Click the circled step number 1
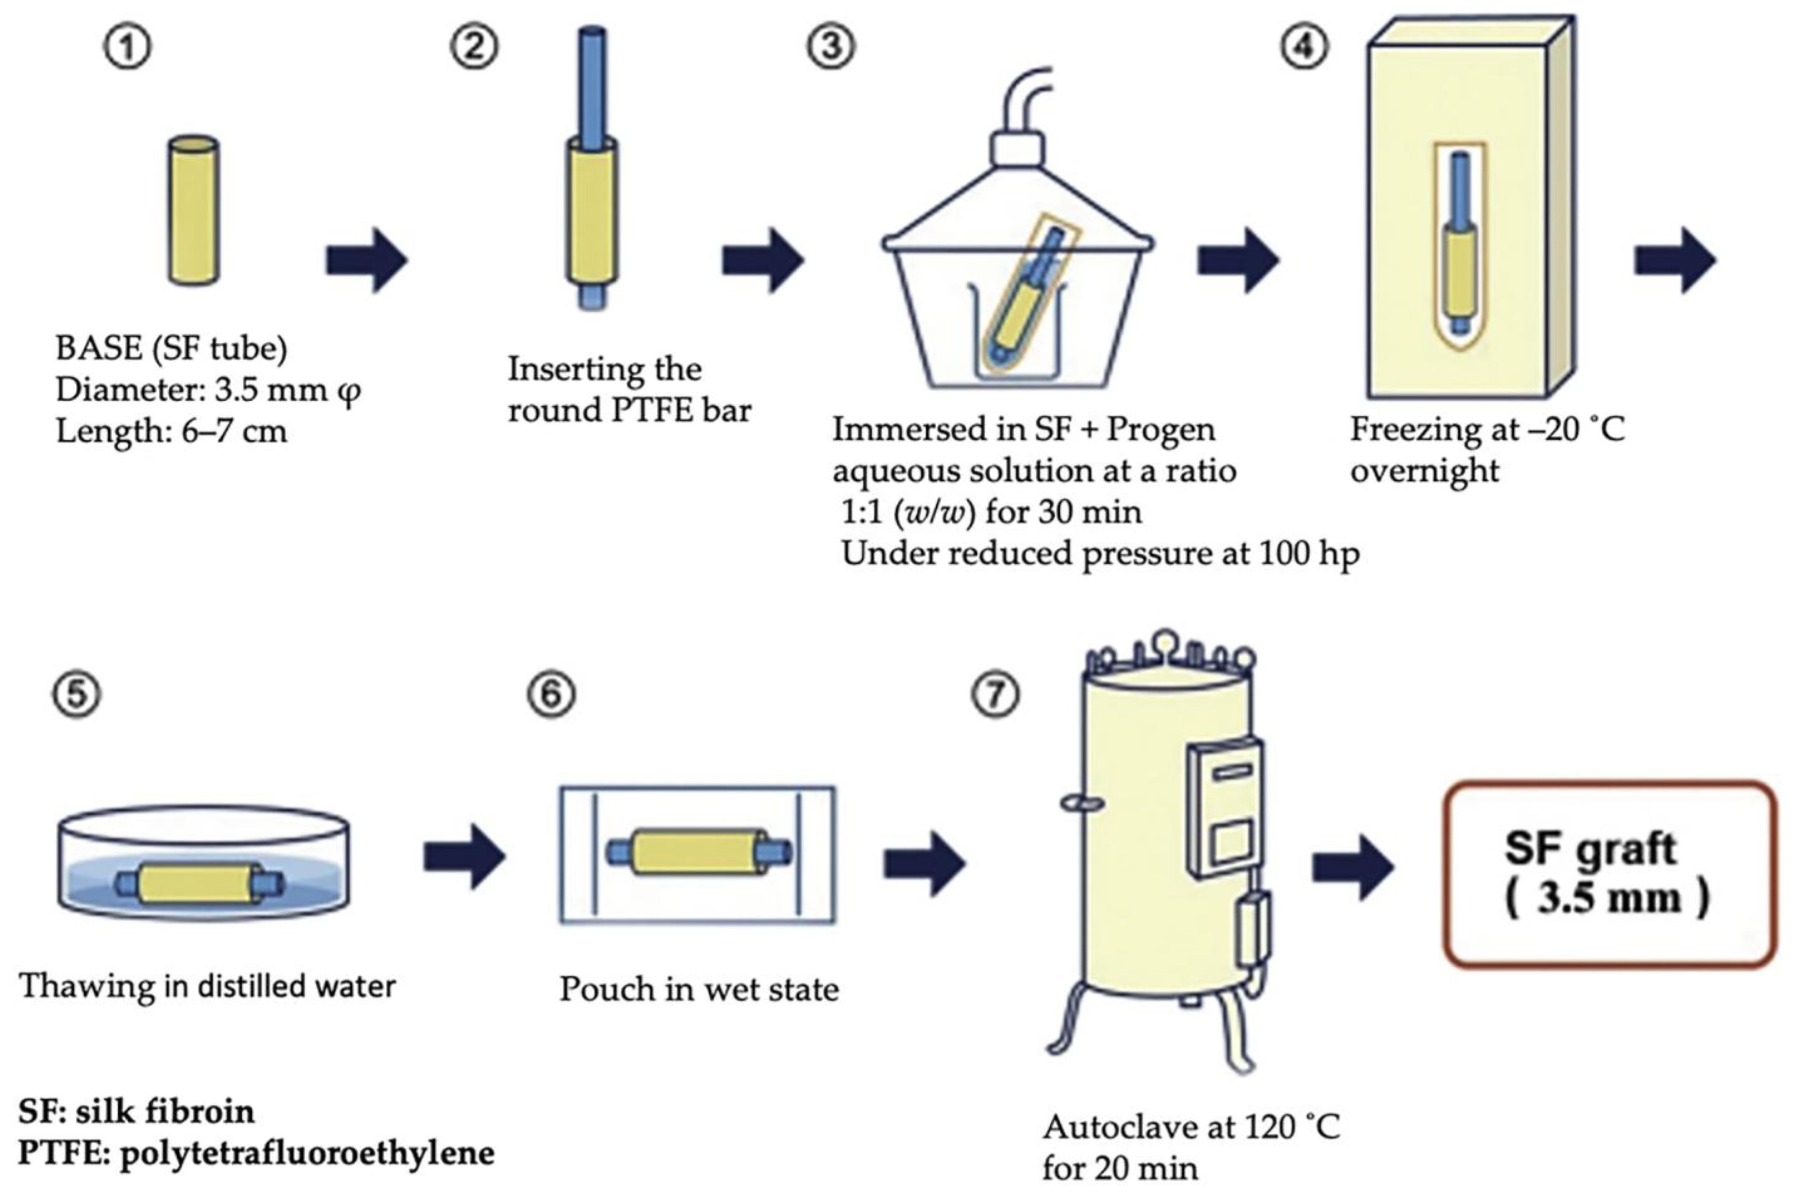point(127,47)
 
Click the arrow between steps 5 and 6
point(464,857)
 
